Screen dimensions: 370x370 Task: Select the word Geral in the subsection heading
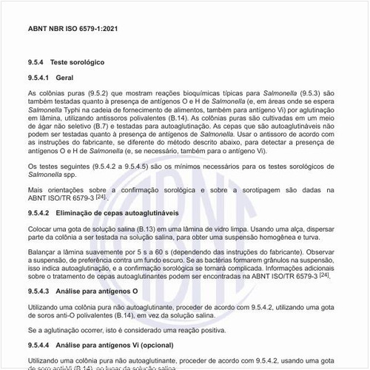coord(64,78)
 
